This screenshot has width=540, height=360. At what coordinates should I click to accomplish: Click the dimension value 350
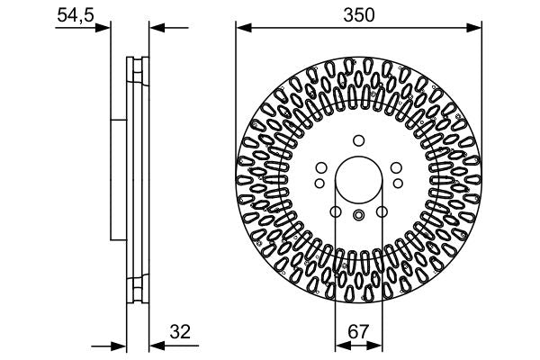[358, 15]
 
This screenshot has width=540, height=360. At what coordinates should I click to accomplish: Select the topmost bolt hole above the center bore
[358, 139]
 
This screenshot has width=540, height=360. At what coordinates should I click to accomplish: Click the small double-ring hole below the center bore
[358, 214]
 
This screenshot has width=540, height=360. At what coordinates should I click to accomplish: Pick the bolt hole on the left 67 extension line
[335, 212]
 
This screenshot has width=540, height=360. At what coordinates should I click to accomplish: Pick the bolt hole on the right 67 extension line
[382, 212]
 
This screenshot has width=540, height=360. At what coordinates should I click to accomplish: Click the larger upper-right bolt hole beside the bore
[398, 167]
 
